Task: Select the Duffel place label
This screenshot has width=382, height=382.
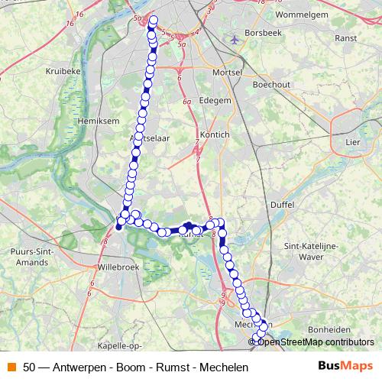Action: tap(282, 204)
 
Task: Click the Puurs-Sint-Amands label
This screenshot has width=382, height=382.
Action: tap(31, 255)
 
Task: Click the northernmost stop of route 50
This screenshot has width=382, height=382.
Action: tap(154, 21)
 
